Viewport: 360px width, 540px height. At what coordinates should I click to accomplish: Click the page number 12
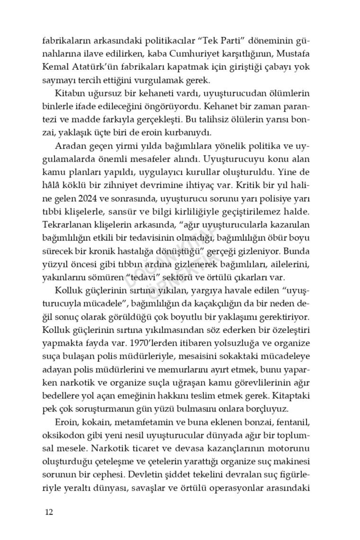[49, 512]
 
